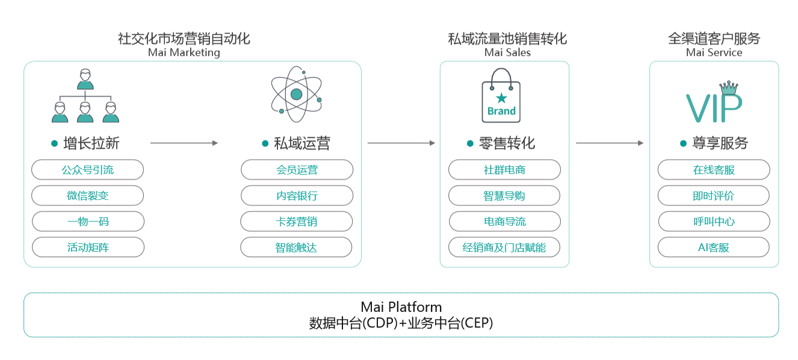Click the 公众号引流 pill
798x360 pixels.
[x=88, y=170]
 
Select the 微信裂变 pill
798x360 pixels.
[x=88, y=195]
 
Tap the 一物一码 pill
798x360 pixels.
[x=88, y=222]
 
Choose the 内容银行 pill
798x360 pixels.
[x=297, y=195]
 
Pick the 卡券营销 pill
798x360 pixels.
[x=297, y=222]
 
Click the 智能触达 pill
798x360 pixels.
[x=296, y=247]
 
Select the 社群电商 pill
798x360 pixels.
[x=504, y=170]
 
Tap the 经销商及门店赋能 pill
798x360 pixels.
[x=504, y=247]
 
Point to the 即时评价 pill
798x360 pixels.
[x=714, y=195]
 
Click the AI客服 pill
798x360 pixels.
[x=714, y=247]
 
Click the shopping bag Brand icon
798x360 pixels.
[x=501, y=96]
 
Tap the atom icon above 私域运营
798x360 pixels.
[x=297, y=94]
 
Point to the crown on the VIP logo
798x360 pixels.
[x=729, y=87]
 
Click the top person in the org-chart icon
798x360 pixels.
[x=85, y=79]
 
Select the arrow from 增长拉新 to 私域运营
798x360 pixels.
[x=184, y=143]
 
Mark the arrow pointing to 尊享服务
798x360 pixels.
[x=610, y=143]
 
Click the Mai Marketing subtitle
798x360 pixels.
[x=184, y=52]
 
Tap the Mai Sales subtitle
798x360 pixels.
[x=507, y=52]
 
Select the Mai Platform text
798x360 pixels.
[x=401, y=307]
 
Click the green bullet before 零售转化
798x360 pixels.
[x=470, y=143]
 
